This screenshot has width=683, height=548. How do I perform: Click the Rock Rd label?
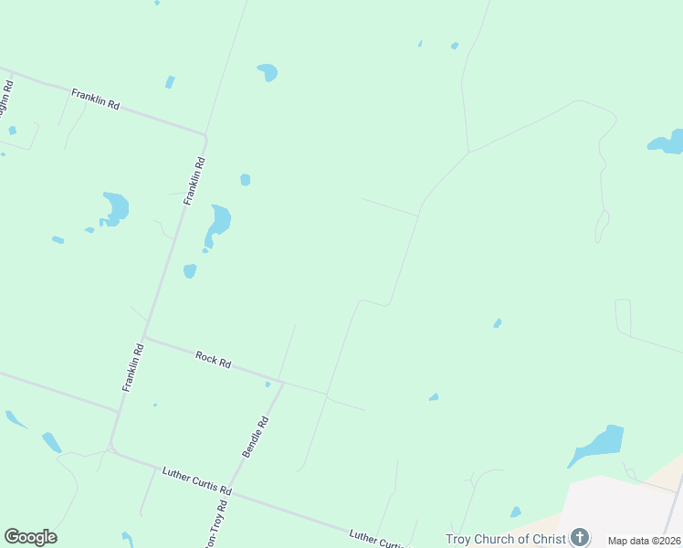(213, 358)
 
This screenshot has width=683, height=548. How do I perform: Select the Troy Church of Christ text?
(506, 539)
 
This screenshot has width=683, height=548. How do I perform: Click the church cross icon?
(579, 537)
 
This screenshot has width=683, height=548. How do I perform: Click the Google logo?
(30, 537)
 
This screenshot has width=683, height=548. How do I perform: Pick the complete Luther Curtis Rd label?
(197, 481)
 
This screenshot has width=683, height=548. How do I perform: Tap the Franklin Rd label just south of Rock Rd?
(133, 367)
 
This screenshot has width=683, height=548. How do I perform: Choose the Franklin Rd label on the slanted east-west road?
(96, 99)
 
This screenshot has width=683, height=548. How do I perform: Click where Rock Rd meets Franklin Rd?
(144, 337)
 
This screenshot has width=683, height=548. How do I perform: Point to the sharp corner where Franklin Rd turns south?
(205, 138)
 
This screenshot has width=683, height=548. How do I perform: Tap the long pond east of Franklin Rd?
(219, 223)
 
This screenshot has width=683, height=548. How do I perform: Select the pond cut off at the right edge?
(667, 142)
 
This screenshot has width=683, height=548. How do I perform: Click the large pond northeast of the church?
(599, 444)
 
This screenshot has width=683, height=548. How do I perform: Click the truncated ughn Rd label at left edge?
(6, 98)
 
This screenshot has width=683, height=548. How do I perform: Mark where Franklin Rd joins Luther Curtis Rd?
(111, 447)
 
